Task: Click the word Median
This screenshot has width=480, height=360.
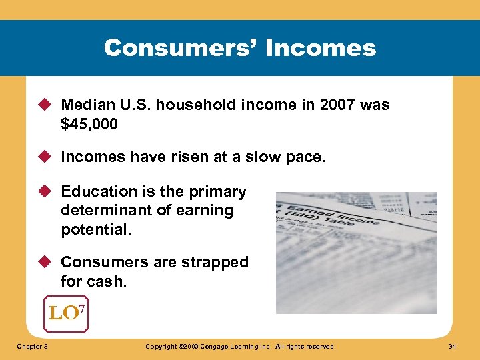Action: pos(85,105)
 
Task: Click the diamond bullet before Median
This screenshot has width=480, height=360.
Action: pos(47,105)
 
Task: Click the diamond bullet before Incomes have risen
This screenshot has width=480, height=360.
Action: pos(47,157)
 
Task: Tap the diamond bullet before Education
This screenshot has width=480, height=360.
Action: pos(47,192)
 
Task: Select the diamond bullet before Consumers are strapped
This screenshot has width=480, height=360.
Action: pos(47,263)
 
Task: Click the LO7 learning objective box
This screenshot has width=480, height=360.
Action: pos(66,313)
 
